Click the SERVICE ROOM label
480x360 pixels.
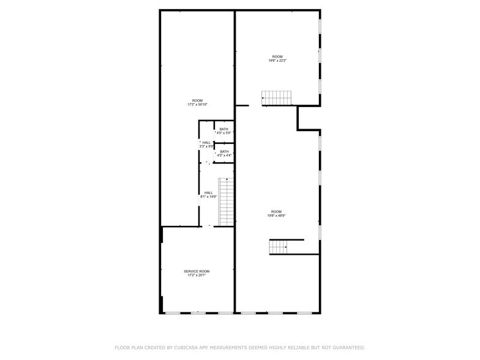197,271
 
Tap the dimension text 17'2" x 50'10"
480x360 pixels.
197,105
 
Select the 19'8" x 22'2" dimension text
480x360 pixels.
277,61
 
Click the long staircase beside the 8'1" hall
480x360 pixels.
227,202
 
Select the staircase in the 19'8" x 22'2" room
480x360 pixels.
277,97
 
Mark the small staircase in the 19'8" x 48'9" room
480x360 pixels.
279,247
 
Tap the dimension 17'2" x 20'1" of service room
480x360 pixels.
197,276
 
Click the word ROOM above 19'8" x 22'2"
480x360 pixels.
277,56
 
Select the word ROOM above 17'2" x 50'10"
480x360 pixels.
197,100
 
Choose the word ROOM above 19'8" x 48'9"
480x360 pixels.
277,212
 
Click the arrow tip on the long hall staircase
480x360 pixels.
227,179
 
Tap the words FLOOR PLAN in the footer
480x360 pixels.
130,347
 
